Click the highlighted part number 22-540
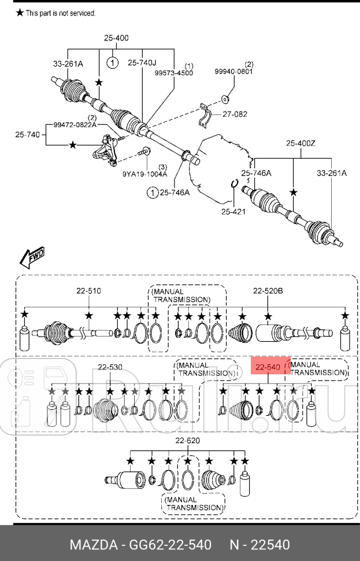268,367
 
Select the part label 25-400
116,38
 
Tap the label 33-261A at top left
69,64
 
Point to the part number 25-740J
142,62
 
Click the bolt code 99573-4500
174,73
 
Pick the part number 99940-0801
234,72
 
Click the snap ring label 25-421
233,211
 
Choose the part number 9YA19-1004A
144,173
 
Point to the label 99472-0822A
76,125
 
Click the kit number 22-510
89,291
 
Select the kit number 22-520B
268,291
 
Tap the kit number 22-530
110,367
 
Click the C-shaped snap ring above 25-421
234,184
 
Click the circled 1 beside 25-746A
152,193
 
